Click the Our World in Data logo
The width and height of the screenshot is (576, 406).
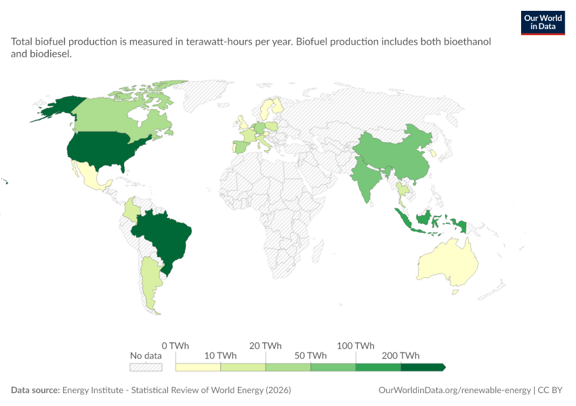(x=543, y=23)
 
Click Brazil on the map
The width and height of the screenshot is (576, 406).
(x=163, y=238)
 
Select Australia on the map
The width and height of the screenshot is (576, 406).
(x=449, y=263)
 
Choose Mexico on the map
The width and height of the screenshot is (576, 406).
(x=90, y=177)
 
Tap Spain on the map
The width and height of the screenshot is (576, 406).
(x=243, y=147)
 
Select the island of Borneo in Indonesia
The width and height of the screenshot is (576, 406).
(x=424, y=218)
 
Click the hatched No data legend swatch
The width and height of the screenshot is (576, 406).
(x=146, y=367)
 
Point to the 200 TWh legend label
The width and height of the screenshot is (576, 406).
(x=400, y=355)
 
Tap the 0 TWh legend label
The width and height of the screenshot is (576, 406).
(x=176, y=346)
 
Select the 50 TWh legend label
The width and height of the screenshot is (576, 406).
(x=310, y=355)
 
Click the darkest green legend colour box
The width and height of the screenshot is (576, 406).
(x=423, y=367)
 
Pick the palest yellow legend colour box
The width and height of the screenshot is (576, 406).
(x=198, y=367)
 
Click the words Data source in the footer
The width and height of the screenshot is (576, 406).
(x=35, y=390)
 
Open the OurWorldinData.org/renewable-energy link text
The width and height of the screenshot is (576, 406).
(x=455, y=390)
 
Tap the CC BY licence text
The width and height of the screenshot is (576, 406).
(x=550, y=390)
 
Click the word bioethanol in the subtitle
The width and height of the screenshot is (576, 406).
(x=468, y=41)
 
